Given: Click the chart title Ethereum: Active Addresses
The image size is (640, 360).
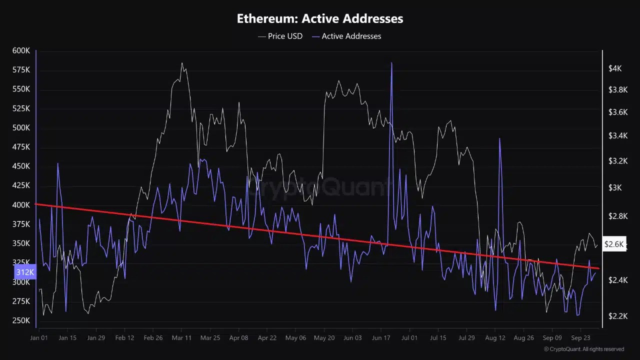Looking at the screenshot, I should [320, 18].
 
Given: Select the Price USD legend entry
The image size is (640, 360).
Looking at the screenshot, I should [280, 36].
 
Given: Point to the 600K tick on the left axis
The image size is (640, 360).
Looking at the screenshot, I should [21, 50].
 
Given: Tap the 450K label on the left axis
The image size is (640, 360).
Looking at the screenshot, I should [21, 166].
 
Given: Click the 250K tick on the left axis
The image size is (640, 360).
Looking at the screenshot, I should [21, 320].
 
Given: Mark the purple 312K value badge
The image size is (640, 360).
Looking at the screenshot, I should [25, 272].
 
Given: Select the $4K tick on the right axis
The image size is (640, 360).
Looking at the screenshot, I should [615, 68].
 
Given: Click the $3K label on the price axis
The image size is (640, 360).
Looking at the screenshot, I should [615, 187].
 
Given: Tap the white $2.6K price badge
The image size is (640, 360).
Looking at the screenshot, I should [614, 244].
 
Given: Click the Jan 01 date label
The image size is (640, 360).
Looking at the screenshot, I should [39, 337].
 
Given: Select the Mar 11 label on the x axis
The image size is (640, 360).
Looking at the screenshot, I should [181, 337].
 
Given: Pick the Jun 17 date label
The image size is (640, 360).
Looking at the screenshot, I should [381, 337].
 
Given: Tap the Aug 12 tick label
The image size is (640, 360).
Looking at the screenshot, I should [495, 337].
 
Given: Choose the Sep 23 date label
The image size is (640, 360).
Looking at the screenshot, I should [580, 337].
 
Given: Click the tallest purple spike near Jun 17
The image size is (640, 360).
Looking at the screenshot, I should [391, 63].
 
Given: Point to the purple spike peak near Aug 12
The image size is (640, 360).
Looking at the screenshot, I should [499, 138].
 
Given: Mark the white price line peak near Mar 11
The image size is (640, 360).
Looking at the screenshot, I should [182, 63].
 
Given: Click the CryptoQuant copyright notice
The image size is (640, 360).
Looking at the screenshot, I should [584, 349].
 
